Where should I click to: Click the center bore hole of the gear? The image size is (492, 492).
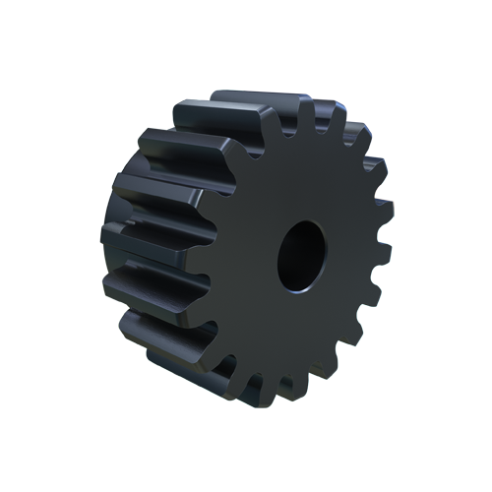pos(299,255)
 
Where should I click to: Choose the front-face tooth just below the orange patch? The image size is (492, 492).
pos(382,217)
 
